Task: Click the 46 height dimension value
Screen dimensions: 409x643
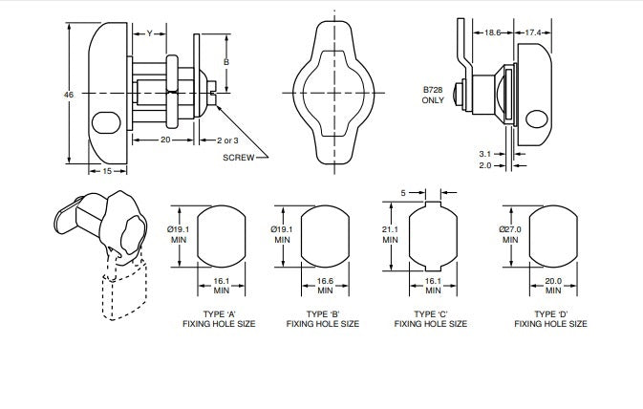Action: coord(68,95)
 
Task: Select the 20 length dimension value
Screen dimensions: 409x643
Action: coord(164,139)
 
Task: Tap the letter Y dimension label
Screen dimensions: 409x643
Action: coord(149,33)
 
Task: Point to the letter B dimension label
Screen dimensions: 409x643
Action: coord(225,61)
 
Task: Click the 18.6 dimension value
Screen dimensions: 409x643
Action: coord(493,32)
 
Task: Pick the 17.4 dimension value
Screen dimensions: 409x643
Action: coord(533,32)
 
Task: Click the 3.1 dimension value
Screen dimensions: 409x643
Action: coord(485,152)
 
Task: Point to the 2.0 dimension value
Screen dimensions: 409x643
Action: coord(485,165)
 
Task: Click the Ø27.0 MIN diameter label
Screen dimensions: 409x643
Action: coord(509,234)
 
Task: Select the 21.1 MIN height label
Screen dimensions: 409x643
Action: coord(390,234)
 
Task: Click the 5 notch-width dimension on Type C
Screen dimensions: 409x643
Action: coord(403,192)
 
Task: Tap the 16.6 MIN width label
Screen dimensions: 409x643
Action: coord(324,285)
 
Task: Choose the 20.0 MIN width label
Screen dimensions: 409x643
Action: coord(551,285)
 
